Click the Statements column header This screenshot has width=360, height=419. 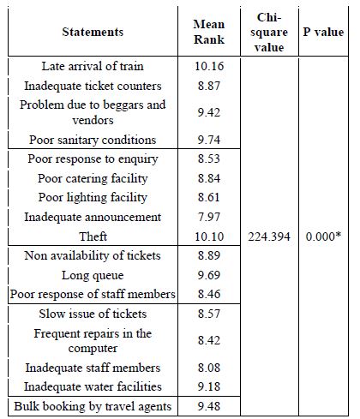point(93,32)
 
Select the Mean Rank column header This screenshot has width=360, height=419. point(209,32)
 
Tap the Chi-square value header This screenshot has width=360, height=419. point(269,33)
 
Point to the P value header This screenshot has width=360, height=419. point(323,32)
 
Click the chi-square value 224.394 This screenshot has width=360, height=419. point(269,236)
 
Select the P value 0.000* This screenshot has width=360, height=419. point(323,236)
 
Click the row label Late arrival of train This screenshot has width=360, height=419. point(93,66)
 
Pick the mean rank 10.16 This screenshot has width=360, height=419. point(209,66)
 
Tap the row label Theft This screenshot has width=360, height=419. point(93,236)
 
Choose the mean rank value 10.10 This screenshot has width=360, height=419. point(209,236)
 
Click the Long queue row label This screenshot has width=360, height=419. point(93,276)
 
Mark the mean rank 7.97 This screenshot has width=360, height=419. point(209,217)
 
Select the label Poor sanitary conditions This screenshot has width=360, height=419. point(93,140)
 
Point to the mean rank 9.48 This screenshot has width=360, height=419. point(209,406)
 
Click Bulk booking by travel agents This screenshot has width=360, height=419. point(93,406)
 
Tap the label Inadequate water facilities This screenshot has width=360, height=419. point(93,386)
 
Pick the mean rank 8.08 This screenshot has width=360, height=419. point(209,368)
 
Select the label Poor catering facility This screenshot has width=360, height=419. point(93,179)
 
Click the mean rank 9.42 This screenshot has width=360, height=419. point(209,112)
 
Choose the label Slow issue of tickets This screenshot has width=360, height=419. point(93,314)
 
